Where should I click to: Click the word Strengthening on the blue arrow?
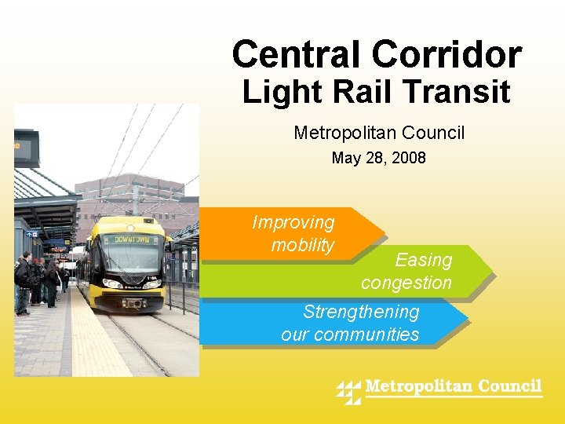click(361, 312)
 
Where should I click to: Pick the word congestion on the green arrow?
click(406, 283)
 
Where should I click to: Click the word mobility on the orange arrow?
click(303, 245)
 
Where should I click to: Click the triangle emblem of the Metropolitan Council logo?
click(348, 391)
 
